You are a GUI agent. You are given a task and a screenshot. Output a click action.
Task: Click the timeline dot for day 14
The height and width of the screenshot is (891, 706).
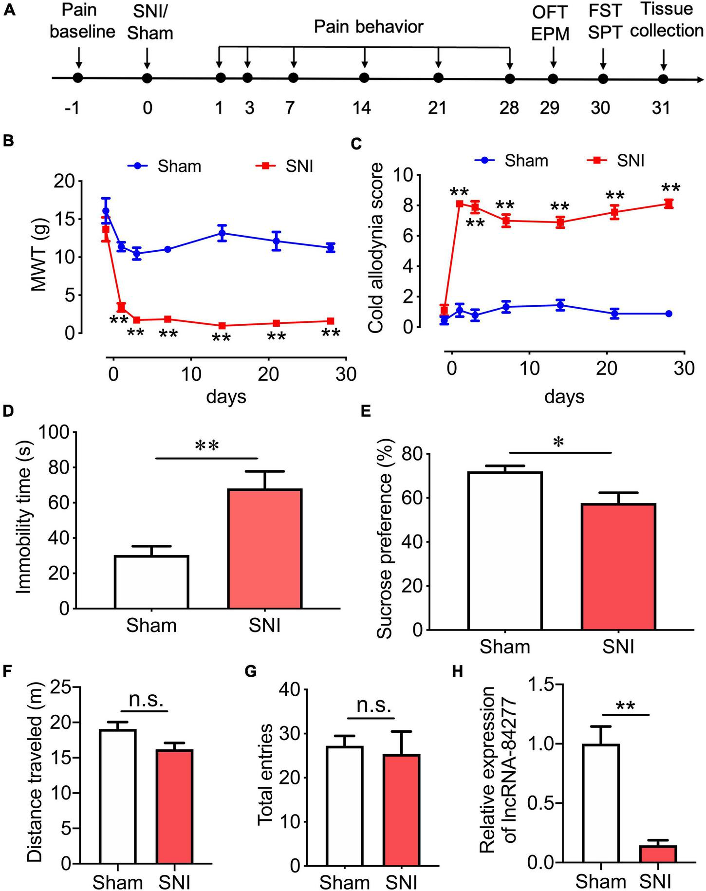364,78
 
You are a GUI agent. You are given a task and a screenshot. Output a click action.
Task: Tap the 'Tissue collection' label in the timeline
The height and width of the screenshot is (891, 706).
666,20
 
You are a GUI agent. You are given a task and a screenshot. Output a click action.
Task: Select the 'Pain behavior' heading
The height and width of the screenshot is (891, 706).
368,26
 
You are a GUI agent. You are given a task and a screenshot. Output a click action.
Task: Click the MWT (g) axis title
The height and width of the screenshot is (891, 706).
39,257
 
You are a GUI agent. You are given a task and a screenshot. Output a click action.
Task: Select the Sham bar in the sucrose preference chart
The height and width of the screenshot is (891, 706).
505,551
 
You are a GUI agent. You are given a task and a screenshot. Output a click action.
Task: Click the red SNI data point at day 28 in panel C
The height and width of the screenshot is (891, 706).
669,204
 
